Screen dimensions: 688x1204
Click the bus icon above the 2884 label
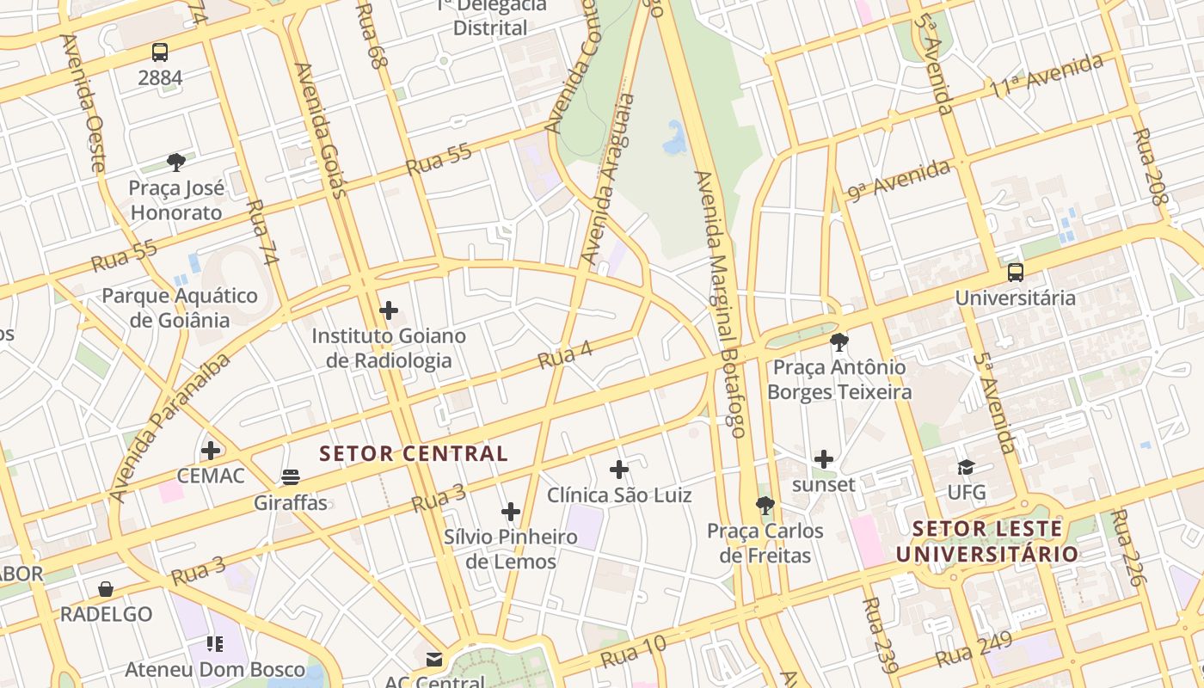click(x=160, y=52)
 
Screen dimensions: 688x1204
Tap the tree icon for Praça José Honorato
click(x=176, y=162)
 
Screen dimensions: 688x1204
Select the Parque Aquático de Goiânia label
click(x=180, y=308)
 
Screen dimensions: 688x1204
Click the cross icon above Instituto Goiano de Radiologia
click(x=389, y=310)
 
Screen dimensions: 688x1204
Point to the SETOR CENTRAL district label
click(x=414, y=453)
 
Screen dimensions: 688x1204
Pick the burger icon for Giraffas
click(x=291, y=477)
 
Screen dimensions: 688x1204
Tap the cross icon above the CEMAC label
click(x=211, y=450)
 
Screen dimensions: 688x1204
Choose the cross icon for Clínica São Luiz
click(x=619, y=470)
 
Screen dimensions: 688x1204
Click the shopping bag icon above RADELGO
click(x=106, y=589)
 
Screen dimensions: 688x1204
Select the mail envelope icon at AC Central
click(x=434, y=660)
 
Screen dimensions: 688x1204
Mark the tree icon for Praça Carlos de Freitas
click(x=765, y=505)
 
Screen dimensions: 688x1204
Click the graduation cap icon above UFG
click(x=966, y=467)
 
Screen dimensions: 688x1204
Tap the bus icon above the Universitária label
click(x=1016, y=273)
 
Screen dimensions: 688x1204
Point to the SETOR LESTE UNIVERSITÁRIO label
click(x=987, y=541)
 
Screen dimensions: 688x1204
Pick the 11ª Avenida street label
click(x=1047, y=76)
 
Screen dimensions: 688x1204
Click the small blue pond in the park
click(x=674, y=138)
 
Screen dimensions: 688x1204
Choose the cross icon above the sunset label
click(x=824, y=459)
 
